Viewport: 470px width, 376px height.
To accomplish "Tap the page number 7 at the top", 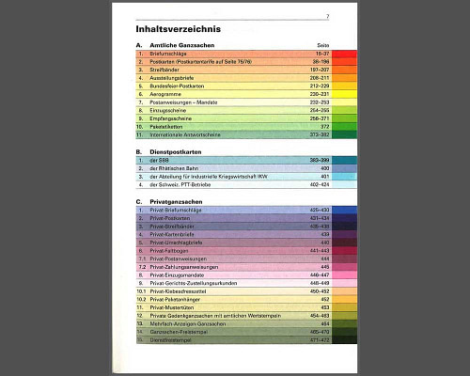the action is [327, 17].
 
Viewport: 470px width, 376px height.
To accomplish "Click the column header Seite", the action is [321, 46].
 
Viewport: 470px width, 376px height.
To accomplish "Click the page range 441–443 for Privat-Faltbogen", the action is [318, 251].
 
